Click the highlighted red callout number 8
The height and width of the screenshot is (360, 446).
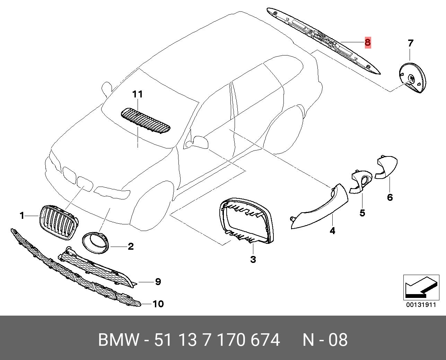367,43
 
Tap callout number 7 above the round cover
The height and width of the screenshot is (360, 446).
410,43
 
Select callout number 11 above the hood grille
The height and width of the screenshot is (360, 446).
137,94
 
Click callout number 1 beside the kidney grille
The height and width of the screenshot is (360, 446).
22,216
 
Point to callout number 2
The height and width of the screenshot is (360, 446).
131,246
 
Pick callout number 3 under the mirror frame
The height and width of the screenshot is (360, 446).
253,259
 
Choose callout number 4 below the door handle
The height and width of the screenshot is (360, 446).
332,230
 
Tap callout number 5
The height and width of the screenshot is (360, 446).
362,213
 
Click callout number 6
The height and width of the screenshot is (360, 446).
390,197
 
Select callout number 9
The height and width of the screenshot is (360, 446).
158,282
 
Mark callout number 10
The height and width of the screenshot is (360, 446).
158,304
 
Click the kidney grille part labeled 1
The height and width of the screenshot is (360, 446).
59,222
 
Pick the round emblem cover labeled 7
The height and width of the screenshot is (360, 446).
411,78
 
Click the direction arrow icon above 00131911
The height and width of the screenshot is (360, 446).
420,288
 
